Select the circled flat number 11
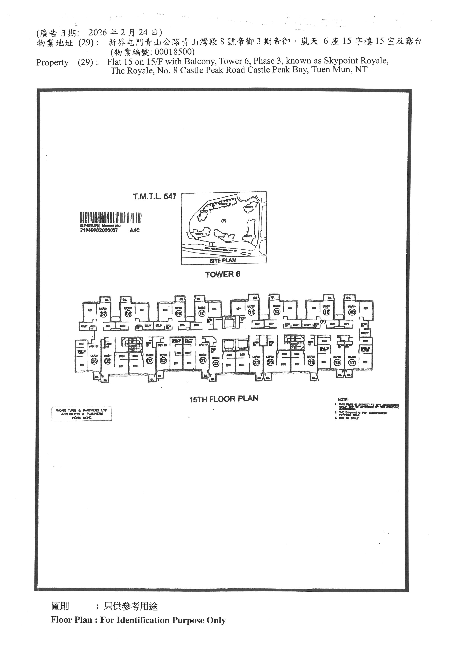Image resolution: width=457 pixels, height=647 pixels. pos(251,312)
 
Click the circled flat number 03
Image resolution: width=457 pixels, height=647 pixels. pos(150,361)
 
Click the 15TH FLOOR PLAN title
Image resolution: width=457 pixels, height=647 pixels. pos(224,399)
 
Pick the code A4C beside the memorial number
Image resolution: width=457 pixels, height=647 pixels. pos(135,230)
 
